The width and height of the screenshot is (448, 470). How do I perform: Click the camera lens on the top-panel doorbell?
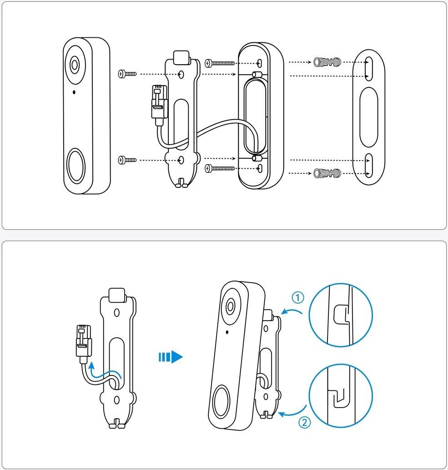click(74, 65)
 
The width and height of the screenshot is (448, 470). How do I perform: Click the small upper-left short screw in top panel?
click(127, 74)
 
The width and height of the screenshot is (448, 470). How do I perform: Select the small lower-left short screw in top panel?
click(127, 160)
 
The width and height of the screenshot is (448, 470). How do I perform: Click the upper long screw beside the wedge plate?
click(220, 63)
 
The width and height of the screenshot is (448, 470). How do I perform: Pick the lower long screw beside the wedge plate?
click(220, 168)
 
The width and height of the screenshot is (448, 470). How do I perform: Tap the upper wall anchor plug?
click(327, 62)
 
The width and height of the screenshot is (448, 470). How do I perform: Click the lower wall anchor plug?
click(327, 173)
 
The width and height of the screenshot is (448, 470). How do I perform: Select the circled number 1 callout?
click(298, 298)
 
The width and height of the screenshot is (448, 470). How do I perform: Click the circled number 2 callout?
click(304, 423)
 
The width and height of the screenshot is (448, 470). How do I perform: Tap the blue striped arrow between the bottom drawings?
click(171, 357)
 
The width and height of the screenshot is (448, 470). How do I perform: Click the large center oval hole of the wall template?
click(368, 117)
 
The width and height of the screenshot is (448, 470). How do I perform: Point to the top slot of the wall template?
click(369, 69)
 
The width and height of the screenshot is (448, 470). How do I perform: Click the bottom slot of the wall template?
click(368, 166)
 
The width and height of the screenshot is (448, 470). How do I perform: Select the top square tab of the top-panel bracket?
click(181, 57)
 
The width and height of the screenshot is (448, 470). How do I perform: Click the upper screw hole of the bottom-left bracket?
click(117, 313)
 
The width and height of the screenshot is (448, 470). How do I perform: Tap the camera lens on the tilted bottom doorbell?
click(231, 306)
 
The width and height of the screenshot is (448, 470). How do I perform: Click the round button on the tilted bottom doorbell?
click(221, 402)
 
